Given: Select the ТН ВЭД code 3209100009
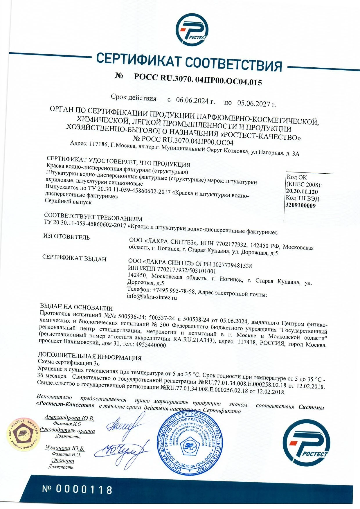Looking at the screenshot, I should (x=301, y=206).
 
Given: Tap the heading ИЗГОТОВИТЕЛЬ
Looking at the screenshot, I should (x=66, y=237).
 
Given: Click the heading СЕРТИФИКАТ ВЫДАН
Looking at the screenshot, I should (x=74, y=258).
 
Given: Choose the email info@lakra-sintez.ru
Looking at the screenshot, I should (x=152, y=297).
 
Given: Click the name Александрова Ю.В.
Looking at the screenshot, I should (x=69, y=418).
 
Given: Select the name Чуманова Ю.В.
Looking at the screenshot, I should (x=65, y=448).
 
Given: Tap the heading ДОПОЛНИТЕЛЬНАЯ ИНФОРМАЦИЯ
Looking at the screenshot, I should (x=90, y=357).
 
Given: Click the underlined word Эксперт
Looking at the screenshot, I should (x=63, y=461).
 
